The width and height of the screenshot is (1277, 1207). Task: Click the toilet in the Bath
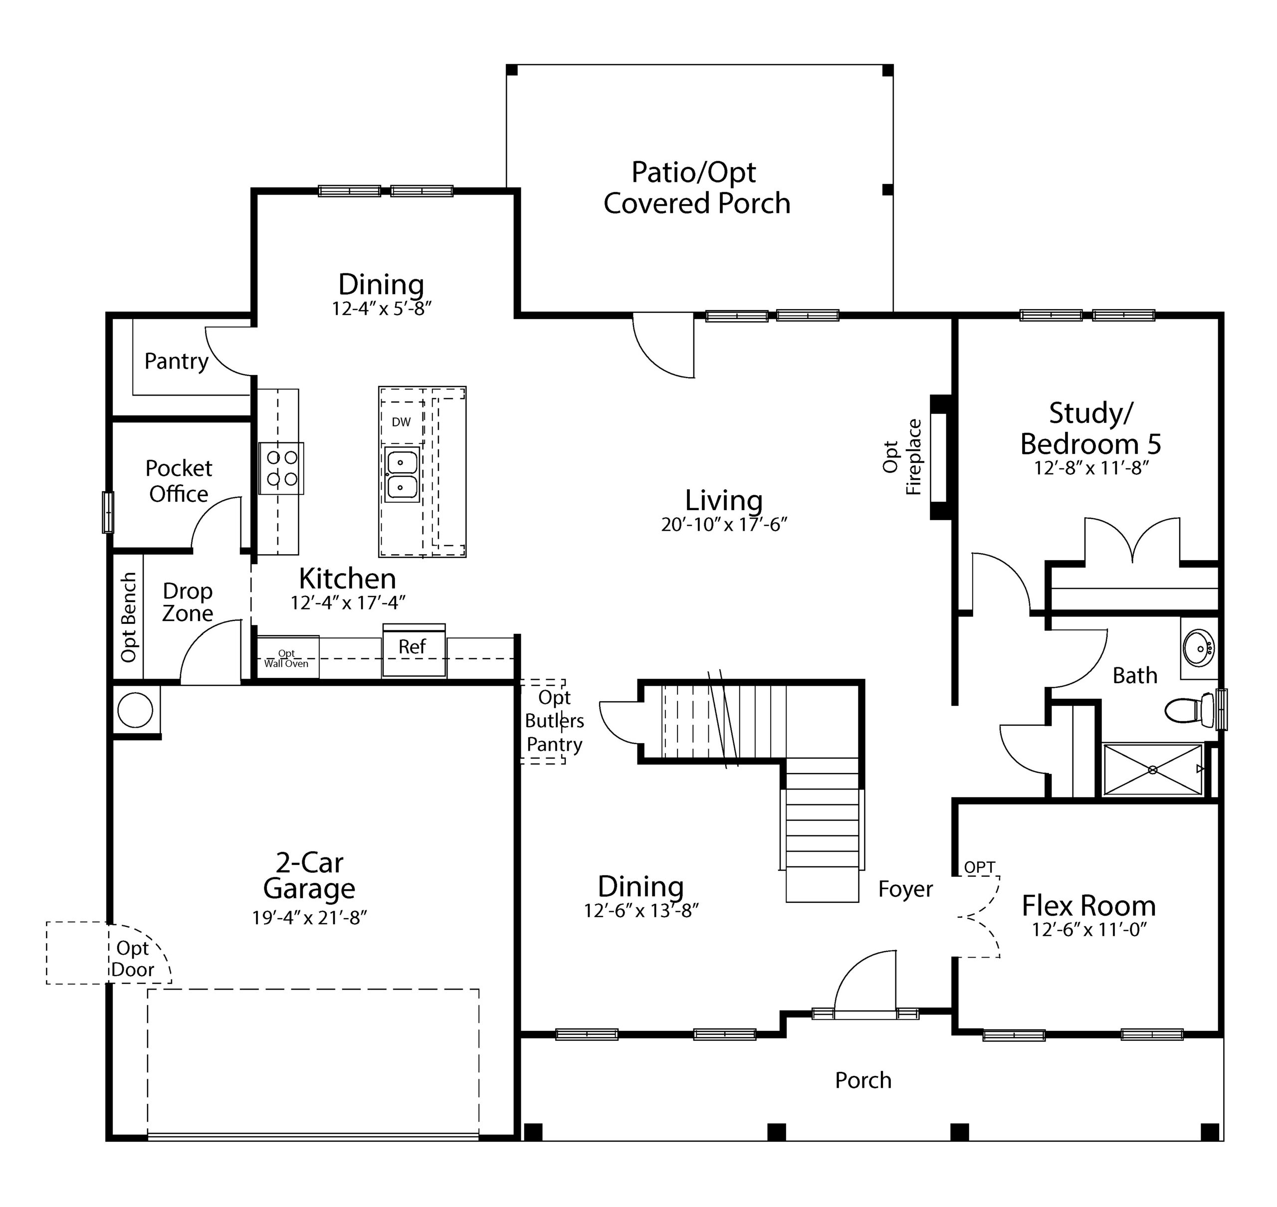click(1190, 710)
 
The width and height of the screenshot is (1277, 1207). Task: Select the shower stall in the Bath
click(1152, 770)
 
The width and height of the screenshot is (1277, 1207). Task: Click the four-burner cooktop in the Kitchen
click(282, 468)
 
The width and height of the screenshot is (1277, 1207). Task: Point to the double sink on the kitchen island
click(402, 475)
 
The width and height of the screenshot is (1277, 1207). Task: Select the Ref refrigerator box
click(414, 650)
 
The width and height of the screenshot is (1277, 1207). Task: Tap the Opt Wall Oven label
click(286, 658)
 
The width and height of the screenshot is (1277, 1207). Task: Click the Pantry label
click(176, 362)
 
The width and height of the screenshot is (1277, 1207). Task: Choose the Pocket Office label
click(179, 481)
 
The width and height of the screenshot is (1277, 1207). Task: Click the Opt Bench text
click(129, 617)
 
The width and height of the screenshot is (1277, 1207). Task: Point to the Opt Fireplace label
click(902, 457)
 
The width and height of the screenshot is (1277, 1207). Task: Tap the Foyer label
click(905, 889)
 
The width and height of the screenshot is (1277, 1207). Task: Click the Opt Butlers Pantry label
click(555, 721)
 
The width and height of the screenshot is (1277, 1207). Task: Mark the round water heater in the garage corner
click(135, 710)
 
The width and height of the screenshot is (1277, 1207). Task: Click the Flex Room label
click(1088, 905)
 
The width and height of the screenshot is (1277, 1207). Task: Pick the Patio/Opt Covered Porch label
click(697, 187)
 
